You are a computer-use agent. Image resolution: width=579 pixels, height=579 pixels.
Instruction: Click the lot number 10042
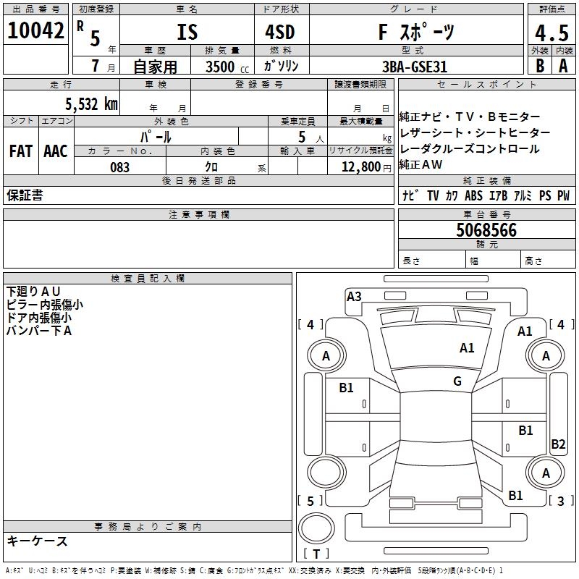[37, 31]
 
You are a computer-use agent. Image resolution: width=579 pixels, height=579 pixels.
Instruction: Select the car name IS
[187, 33]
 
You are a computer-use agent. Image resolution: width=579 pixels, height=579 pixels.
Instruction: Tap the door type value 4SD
[275, 33]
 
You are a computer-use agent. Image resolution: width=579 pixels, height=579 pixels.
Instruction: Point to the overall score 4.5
[551, 33]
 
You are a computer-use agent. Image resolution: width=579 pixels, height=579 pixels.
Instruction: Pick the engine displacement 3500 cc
[224, 67]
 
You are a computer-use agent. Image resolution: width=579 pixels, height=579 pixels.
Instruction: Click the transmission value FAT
[21, 151]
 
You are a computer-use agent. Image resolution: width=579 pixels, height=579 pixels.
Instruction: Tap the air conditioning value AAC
[55, 151]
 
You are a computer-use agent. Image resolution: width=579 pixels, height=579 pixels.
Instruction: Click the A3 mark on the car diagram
[354, 296]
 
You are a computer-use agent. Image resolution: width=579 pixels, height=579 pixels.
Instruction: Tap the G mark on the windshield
[457, 381]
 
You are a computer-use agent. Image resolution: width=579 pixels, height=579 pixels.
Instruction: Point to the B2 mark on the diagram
[558, 444]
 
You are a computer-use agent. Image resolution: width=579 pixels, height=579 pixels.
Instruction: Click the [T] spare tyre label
[316, 554]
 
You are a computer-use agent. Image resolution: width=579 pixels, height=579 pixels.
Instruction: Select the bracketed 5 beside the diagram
[310, 501]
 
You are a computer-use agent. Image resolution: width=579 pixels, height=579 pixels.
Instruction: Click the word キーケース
[38, 541]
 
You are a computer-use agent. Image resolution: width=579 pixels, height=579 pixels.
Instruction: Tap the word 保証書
[25, 195]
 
